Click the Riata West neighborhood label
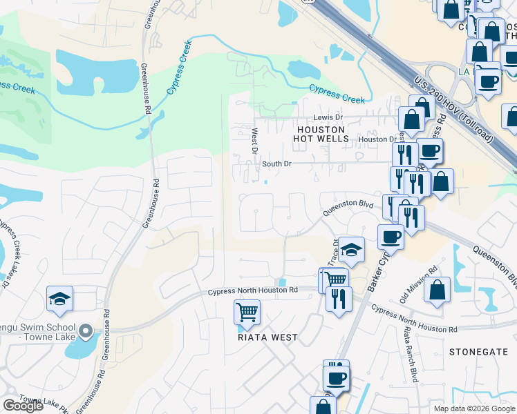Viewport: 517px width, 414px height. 267,337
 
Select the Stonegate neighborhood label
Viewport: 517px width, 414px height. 478,351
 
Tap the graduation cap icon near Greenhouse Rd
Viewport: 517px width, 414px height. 60,298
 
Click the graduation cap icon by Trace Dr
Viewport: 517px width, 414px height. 351,249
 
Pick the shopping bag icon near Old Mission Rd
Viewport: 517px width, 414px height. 438,290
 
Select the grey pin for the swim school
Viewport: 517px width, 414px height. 86,333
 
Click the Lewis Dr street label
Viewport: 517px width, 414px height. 328,118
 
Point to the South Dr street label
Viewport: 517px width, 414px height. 277,164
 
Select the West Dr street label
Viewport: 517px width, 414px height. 254,141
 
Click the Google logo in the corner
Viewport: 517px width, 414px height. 23,406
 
